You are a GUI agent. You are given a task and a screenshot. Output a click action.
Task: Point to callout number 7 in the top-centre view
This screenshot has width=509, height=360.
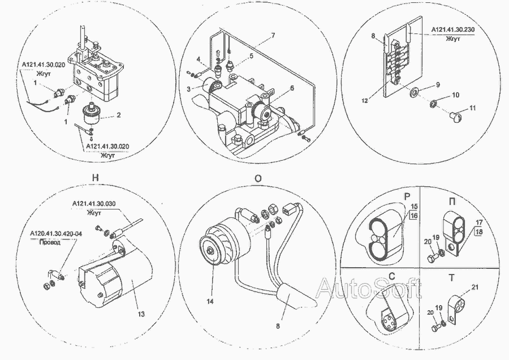click(273, 36)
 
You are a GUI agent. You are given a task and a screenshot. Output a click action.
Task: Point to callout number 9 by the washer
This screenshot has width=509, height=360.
click(437, 85)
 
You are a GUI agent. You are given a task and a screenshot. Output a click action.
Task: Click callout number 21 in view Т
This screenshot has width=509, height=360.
click(474, 288)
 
